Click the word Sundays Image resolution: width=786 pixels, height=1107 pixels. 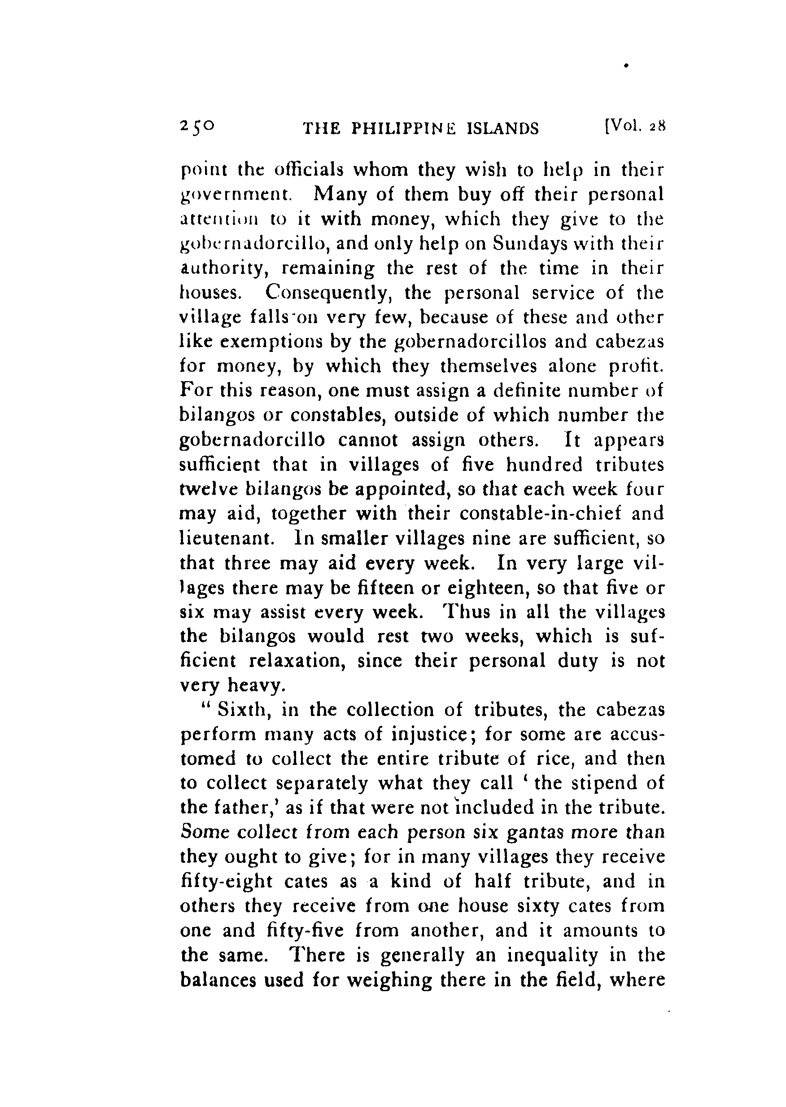pos(529,244)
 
